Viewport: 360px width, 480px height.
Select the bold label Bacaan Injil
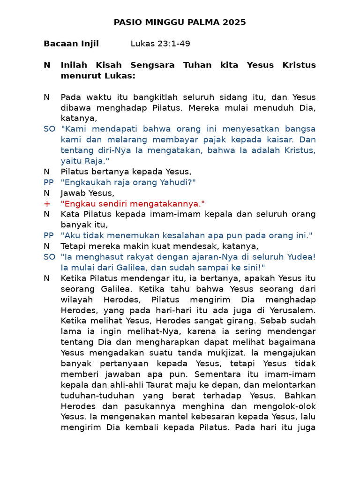[71, 44]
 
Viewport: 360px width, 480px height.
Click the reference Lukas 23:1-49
[160, 44]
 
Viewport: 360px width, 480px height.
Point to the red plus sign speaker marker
[46, 204]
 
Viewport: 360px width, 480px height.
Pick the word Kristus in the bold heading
[299, 65]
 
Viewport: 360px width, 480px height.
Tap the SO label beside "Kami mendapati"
[49, 129]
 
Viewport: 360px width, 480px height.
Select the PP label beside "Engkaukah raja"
[49, 182]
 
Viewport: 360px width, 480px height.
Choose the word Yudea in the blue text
[301, 257]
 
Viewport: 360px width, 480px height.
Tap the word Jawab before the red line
[72, 193]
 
